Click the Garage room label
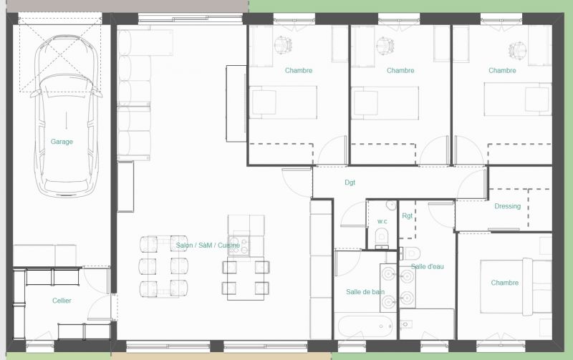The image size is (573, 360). pyautogui.click(x=62, y=141)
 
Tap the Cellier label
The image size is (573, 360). pyautogui.click(x=62, y=301)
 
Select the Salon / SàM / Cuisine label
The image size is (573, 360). pyautogui.click(x=208, y=245)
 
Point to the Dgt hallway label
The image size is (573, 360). pyautogui.click(x=350, y=183)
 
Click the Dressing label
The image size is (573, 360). pyautogui.click(x=508, y=206)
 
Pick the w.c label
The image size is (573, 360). pyautogui.click(x=382, y=221)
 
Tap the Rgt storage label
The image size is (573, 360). pyautogui.click(x=407, y=215)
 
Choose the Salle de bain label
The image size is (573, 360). pyautogui.click(x=365, y=292)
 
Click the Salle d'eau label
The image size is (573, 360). pyautogui.click(x=427, y=266)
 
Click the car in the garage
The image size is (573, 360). pyautogui.click(x=66, y=116)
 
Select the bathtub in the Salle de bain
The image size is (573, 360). pyautogui.click(x=365, y=326)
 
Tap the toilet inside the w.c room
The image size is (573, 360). pyautogui.click(x=382, y=236)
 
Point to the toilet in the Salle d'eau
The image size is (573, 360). pyautogui.click(x=411, y=253)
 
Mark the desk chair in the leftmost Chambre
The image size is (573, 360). pyautogui.click(x=283, y=45)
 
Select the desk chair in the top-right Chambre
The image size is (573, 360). pyautogui.click(x=517, y=50)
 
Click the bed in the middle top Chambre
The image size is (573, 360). pyautogui.click(x=385, y=103)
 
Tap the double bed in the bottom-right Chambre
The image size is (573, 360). pyautogui.click(x=516, y=286)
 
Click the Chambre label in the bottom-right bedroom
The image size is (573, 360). pyautogui.click(x=505, y=283)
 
